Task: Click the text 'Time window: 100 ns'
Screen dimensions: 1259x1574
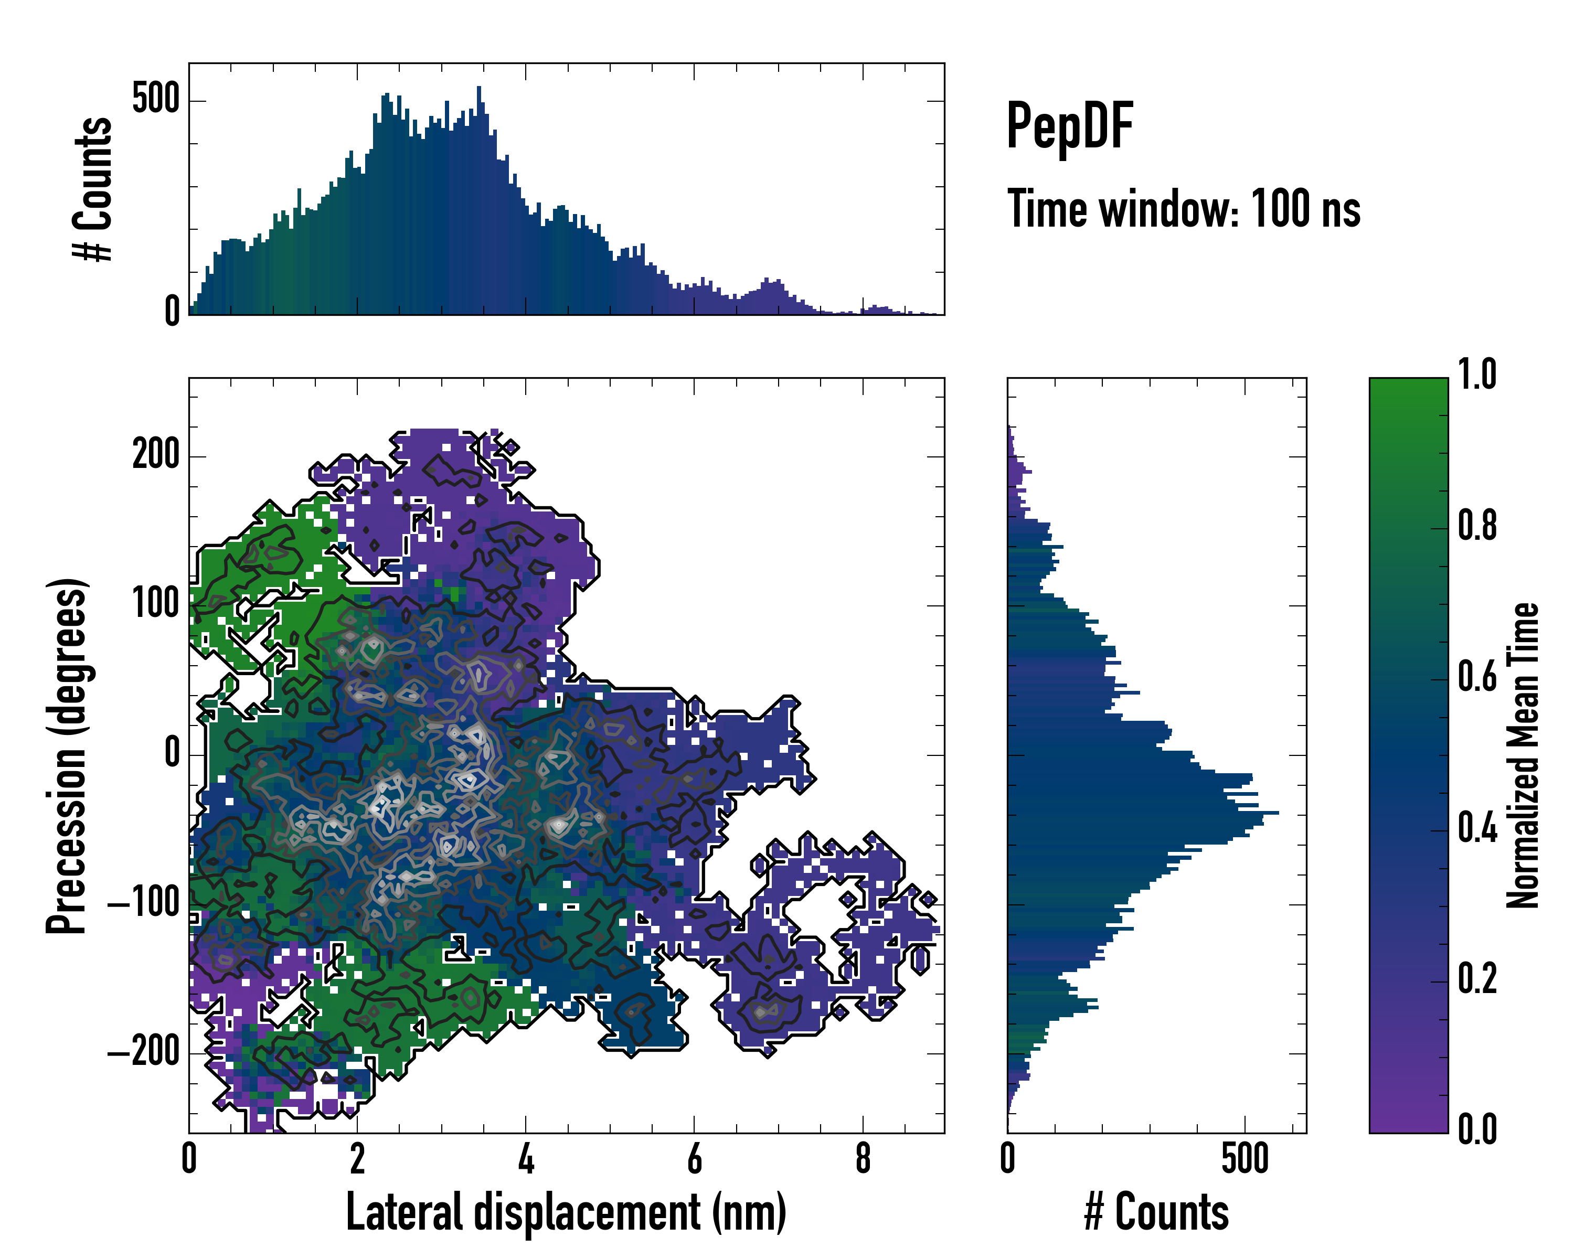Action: pos(1184,209)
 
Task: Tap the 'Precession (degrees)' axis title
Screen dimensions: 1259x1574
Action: pos(67,755)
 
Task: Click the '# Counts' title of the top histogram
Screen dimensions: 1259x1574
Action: pos(93,189)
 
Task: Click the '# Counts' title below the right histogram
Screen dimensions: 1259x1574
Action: pos(1156,1212)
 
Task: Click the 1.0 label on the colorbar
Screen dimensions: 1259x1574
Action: pos(1477,375)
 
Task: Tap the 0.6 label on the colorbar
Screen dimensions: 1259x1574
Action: pos(1477,677)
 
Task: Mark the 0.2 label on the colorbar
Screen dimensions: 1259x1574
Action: pos(1477,979)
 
